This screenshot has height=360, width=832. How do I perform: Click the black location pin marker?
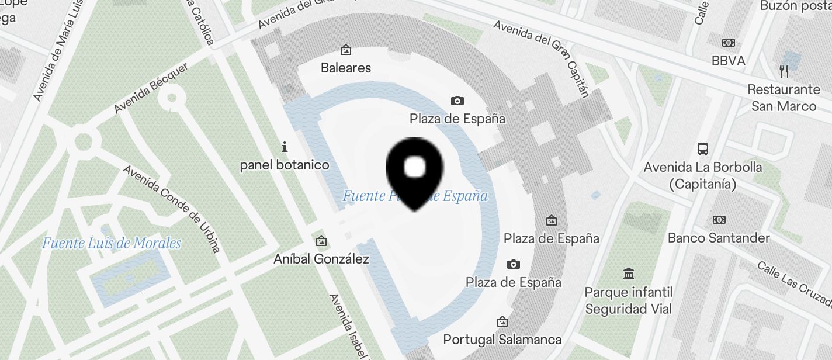click(415, 172)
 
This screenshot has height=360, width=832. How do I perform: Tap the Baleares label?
click(346, 68)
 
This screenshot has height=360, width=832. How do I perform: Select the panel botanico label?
click(285, 165)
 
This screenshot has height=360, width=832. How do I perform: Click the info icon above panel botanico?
click(285, 146)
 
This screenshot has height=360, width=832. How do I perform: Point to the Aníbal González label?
click(321, 259)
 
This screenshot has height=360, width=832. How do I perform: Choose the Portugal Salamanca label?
click(502, 340)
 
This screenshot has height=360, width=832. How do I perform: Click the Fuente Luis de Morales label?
click(112, 243)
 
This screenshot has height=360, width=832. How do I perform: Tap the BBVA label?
click(728, 61)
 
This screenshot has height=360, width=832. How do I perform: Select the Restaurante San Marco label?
click(784, 98)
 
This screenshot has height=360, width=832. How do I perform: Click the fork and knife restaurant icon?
click(784, 71)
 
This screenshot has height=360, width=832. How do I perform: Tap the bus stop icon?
click(703, 148)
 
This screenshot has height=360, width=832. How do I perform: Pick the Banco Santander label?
click(719, 238)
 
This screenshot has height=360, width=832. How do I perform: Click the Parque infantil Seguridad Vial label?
click(629, 300)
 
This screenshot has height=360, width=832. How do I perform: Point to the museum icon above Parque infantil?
click(629, 274)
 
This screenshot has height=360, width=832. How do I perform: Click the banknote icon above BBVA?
click(728, 43)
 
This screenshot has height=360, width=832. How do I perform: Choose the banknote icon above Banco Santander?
click(719, 220)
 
